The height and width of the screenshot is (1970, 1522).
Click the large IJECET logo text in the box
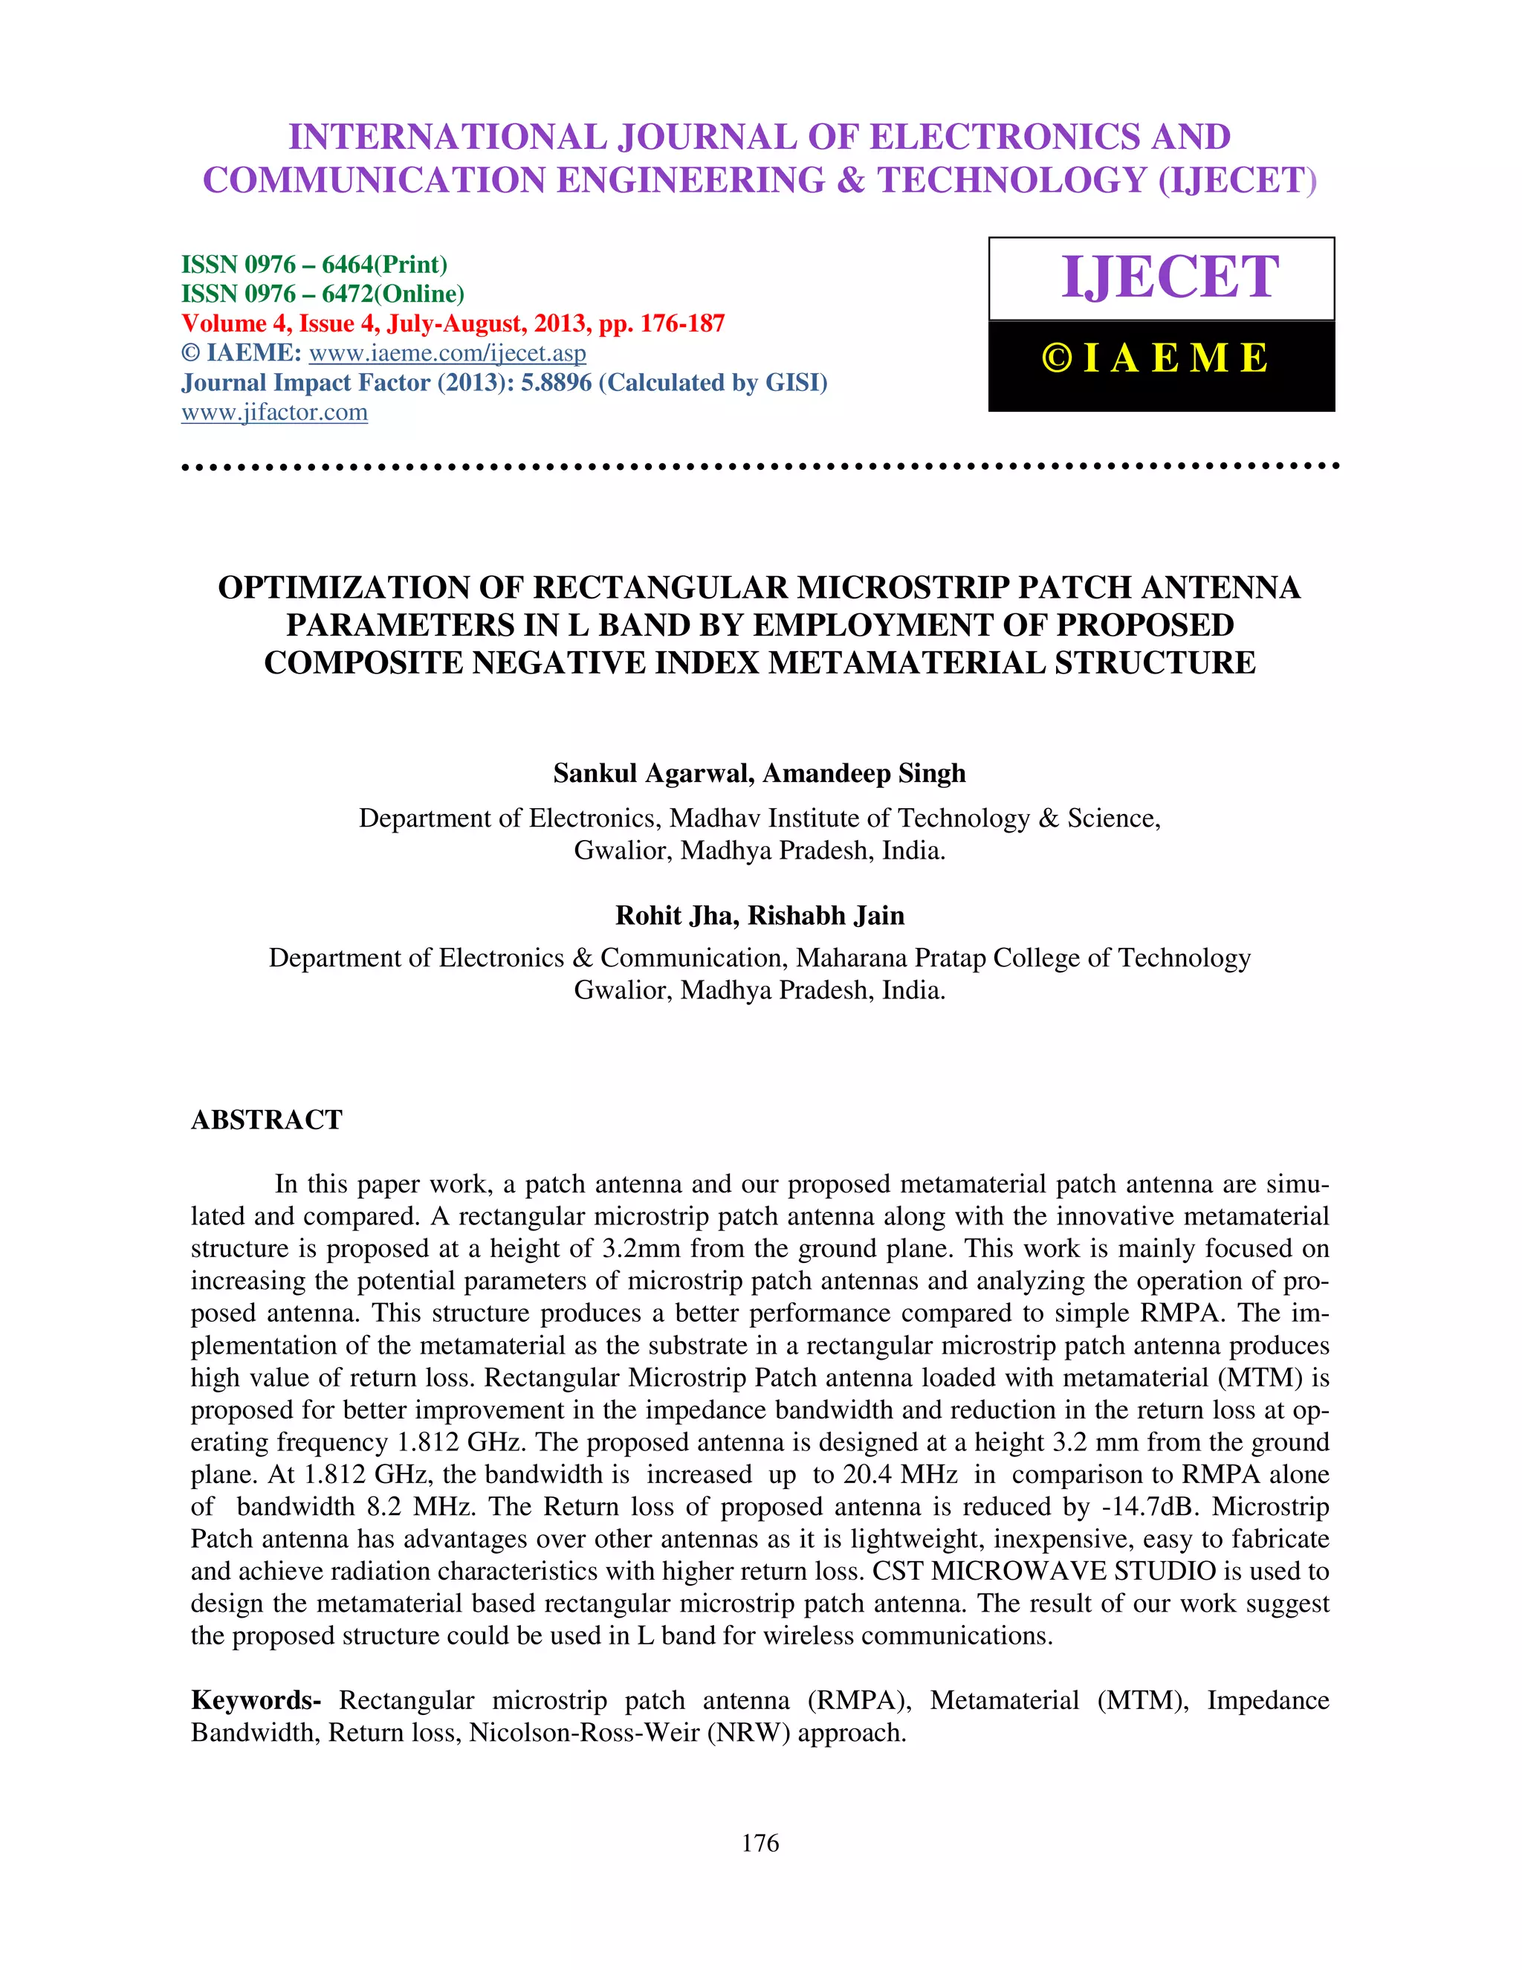pos(1170,277)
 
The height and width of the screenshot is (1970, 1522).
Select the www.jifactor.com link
pos(274,413)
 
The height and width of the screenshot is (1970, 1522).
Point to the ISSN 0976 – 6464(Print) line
pos(314,265)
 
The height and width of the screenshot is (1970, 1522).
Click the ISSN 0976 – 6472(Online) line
pos(323,294)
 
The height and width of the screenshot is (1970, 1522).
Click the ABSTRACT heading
pos(267,1120)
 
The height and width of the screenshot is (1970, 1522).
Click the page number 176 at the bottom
pos(760,1844)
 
